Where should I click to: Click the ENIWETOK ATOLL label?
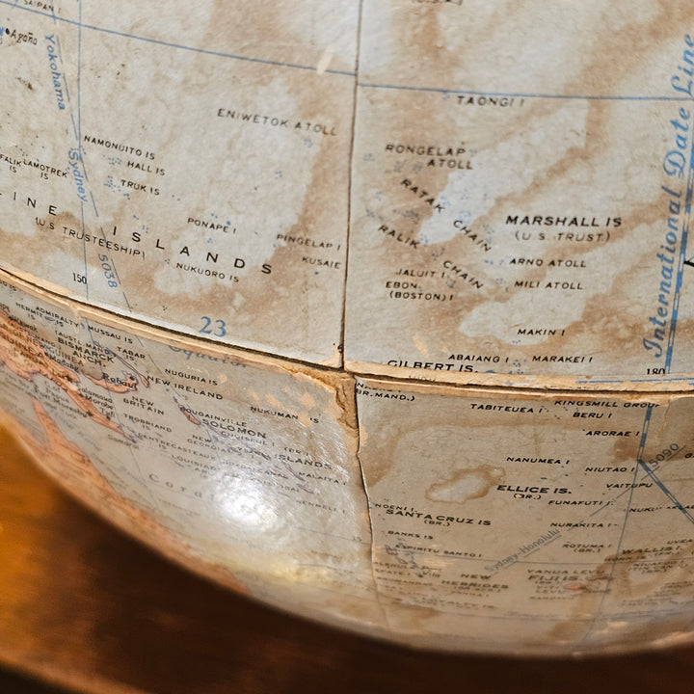(276, 120)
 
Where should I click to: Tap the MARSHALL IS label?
(563, 222)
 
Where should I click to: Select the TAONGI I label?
(490, 100)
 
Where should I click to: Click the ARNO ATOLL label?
(547, 262)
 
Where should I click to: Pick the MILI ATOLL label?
(547, 285)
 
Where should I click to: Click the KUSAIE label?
(320, 261)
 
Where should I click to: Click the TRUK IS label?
(140, 189)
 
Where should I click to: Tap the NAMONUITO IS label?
(119, 152)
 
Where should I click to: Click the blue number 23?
(213, 328)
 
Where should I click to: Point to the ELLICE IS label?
(523, 490)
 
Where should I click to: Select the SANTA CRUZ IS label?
(438, 521)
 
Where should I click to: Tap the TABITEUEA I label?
(503, 408)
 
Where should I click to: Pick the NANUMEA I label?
(536, 461)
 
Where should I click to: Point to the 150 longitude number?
(79, 280)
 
